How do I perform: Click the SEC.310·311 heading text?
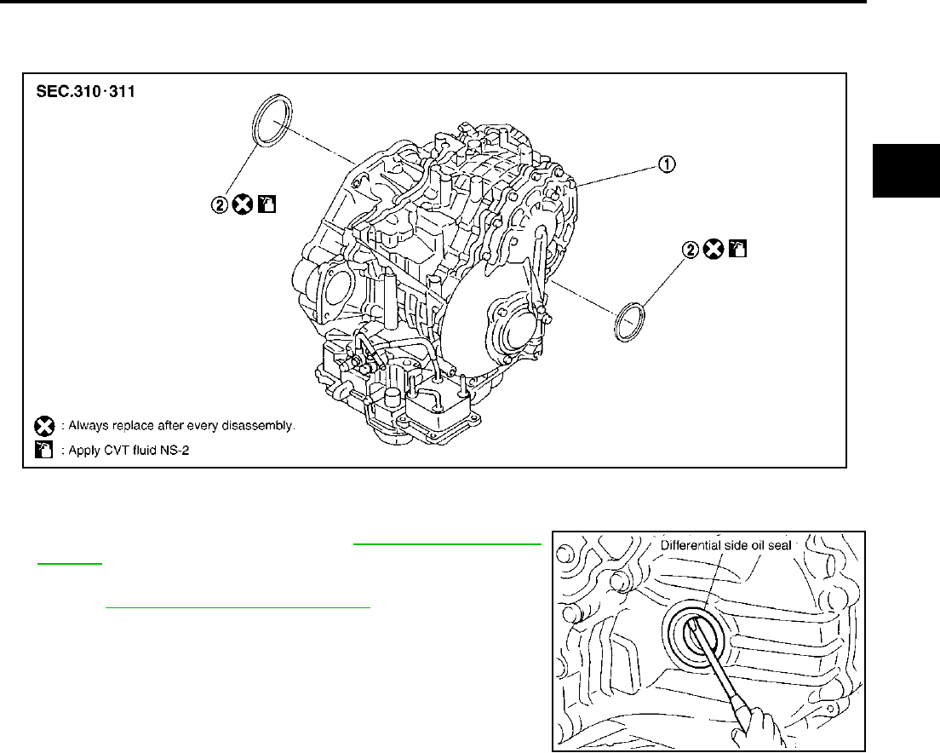click(86, 92)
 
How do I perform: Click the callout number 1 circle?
click(667, 164)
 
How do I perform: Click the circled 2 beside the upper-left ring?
click(220, 205)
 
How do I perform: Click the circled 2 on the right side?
click(691, 250)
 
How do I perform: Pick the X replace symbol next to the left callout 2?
click(243, 205)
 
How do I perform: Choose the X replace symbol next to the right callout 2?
click(714, 249)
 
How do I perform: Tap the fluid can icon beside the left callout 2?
click(267, 204)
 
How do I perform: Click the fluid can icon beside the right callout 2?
click(737, 248)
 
